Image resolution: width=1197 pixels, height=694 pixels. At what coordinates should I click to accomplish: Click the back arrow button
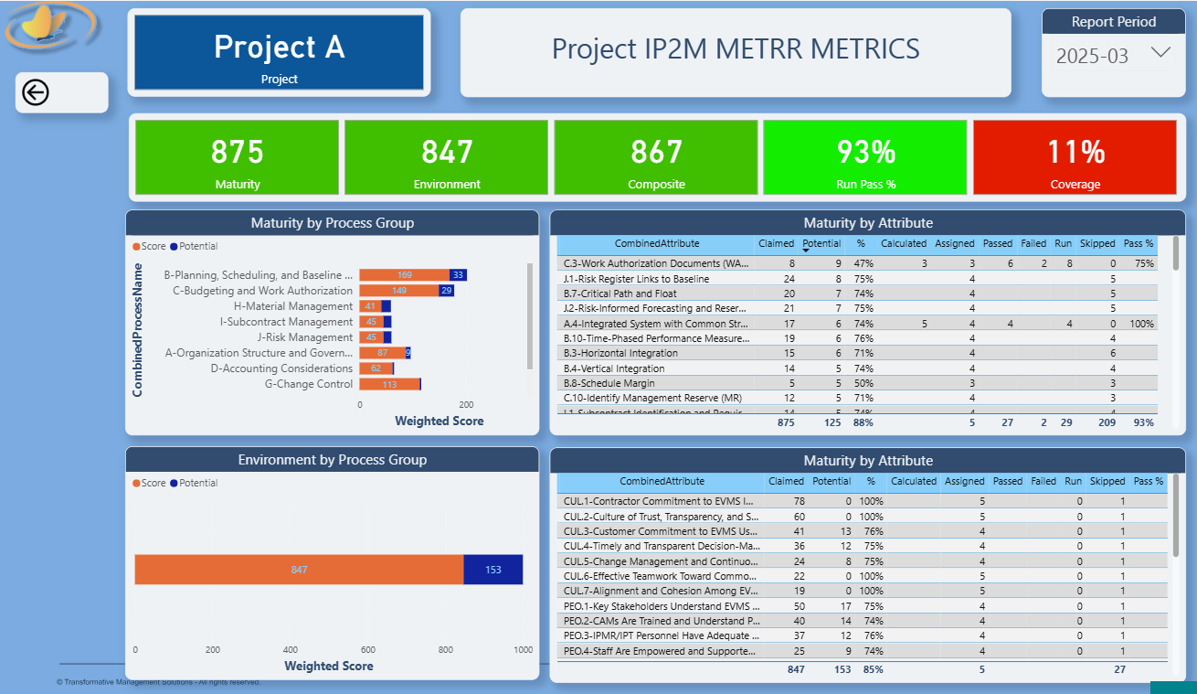[36, 92]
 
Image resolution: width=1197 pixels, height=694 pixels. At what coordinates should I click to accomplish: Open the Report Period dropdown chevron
[1160, 53]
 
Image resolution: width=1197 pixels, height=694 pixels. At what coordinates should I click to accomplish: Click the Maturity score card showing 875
[238, 157]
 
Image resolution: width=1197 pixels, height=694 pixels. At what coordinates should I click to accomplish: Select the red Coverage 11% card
[1075, 157]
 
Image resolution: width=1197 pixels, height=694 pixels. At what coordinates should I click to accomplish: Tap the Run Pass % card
[865, 157]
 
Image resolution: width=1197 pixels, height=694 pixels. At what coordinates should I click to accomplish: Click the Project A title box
[279, 53]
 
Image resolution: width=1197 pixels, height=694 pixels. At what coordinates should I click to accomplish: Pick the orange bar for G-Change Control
[389, 384]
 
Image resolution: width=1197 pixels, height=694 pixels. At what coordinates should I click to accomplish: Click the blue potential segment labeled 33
[458, 275]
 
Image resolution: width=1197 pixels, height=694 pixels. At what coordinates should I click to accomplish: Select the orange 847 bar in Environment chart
[299, 570]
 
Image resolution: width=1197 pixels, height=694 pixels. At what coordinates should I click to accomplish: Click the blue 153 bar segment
[493, 570]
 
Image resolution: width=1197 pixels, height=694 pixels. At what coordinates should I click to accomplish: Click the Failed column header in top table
[1033, 244]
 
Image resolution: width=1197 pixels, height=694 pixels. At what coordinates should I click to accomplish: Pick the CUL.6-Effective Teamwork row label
[659, 576]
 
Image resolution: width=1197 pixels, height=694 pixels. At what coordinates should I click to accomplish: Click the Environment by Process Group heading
[332, 460]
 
